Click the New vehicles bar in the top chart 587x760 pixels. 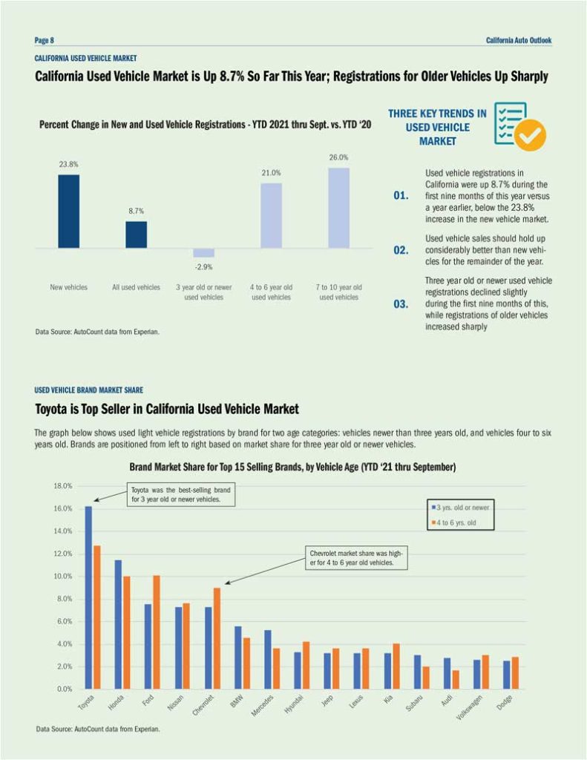tap(68, 211)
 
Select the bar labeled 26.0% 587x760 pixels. tap(338, 208)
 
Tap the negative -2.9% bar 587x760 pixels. tap(203, 252)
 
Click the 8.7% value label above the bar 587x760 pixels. tap(135, 212)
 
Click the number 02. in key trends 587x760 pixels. tap(401, 250)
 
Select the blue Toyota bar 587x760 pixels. tap(88, 597)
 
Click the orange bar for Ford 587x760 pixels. tap(156, 632)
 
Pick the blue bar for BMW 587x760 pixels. tap(237, 658)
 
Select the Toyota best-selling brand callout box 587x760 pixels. tap(181, 495)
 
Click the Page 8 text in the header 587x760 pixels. tap(45, 40)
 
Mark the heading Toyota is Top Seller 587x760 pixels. tap(167, 409)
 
